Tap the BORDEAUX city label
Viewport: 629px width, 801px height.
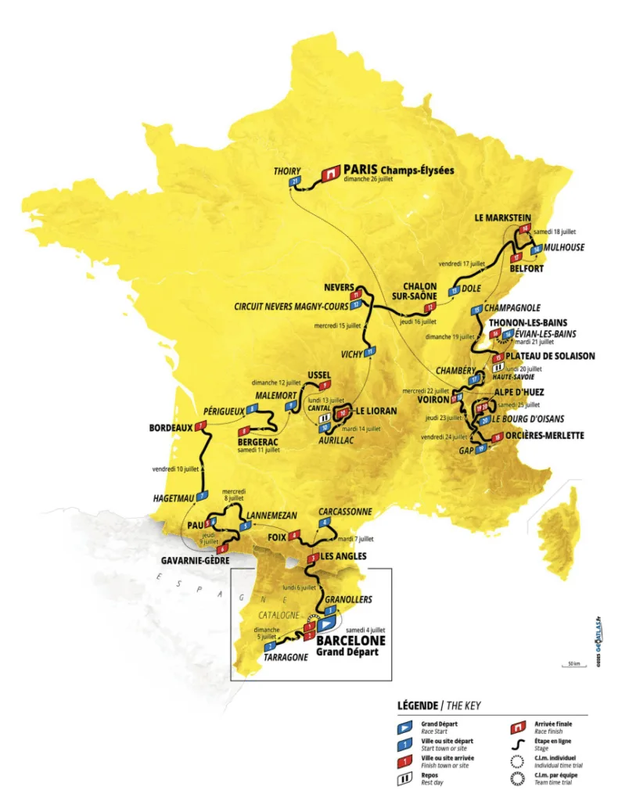click(x=171, y=428)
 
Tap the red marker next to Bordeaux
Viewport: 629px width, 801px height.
click(x=202, y=426)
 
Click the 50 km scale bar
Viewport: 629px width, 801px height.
click(x=574, y=664)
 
